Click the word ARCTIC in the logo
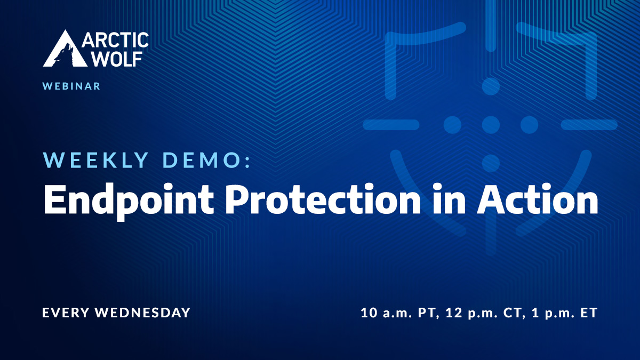coord(115,41)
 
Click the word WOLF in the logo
coord(118,59)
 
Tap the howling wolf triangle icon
coord(65,49)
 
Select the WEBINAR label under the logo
coord(71,86)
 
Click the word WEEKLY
coord(95,160)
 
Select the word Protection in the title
coord(323,198)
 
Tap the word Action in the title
coord(538,198)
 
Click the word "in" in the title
coord(449,198)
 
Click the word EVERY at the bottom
coord(66,313)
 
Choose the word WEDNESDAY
coord(143,313)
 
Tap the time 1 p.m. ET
coord(565,313)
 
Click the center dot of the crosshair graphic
coord(491,125)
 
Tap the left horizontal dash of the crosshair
coord(391,125)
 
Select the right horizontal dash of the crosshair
coord(589,125)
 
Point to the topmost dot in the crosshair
coord(491,86)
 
